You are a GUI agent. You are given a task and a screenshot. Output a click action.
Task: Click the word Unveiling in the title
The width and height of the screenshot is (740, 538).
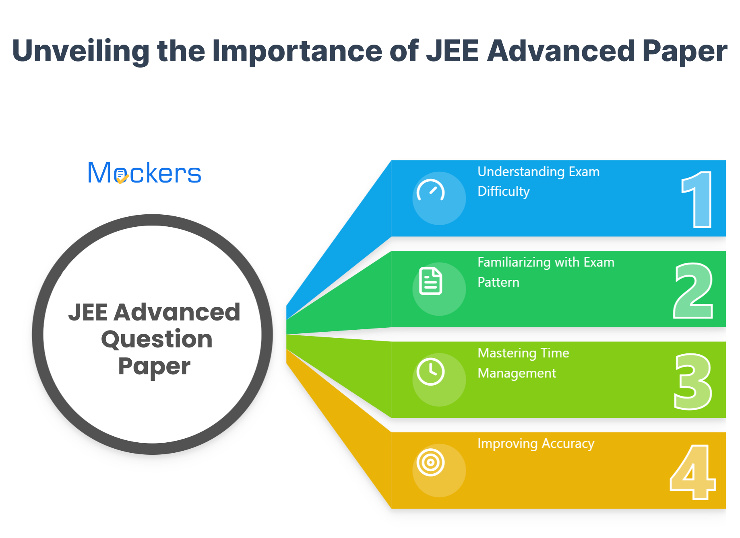[x=81, y=51]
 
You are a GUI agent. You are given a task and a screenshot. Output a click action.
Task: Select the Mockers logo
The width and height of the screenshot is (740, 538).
[x=144, y=173]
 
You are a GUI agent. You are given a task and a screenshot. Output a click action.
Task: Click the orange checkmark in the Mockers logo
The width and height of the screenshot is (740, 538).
[x=122, y=179]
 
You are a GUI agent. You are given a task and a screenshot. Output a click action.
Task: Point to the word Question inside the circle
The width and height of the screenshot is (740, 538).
[x=157, y=339]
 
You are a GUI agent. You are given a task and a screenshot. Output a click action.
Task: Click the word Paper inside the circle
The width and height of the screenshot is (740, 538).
[x=154, y=366]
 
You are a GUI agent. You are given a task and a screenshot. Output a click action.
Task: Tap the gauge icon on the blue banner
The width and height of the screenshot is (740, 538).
[x=431, y=191]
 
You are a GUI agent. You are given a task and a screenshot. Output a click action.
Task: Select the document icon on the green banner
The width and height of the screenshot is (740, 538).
[x=431, y=281]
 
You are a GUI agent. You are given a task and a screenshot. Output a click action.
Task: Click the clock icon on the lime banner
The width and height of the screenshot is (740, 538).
[x=431, y=372]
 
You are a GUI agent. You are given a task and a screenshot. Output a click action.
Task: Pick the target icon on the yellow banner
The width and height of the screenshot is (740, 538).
[x=431, y=462]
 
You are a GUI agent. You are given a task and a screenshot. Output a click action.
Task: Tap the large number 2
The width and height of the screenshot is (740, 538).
[x=693, y=290]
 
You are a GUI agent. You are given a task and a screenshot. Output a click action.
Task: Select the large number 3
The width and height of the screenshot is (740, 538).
[x=693, y=381]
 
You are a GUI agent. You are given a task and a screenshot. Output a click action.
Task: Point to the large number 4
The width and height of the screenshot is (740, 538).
[x=692, y=472]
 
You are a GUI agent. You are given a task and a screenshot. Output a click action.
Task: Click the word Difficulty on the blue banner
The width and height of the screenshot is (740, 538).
[x=503, y=191]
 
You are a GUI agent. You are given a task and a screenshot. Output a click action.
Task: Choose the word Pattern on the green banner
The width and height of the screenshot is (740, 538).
[x=498, y=282]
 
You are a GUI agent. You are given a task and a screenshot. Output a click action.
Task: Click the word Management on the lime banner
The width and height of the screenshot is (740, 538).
[x=517, y=373]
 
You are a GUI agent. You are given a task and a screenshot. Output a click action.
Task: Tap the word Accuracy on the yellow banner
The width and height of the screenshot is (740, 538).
[x=568, y=444]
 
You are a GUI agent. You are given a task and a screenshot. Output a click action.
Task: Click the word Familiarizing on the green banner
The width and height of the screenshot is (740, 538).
[x=514, y=262]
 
